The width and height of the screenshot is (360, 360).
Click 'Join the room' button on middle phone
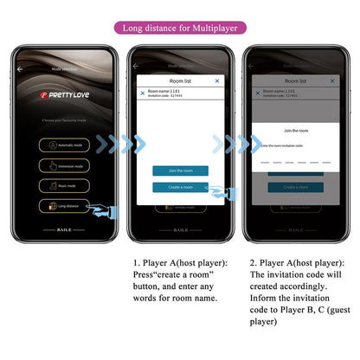pos(180,170)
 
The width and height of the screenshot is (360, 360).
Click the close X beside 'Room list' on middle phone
pos(217,80)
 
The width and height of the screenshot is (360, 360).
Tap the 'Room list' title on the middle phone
pos(180,80)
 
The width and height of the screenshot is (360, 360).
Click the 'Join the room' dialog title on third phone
pos(295,130)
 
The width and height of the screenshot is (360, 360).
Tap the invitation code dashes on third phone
pos(295,162)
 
